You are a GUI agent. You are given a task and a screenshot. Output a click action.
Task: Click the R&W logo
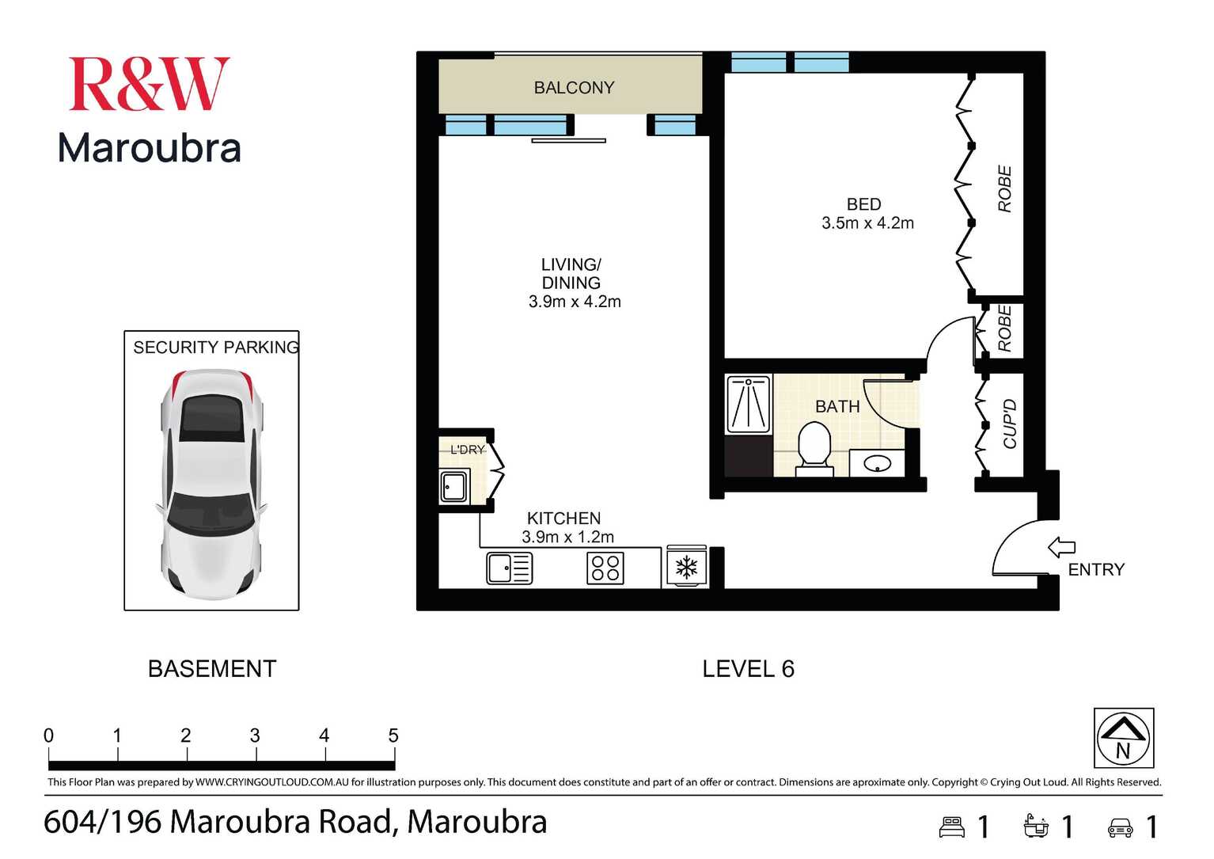click(149, 84)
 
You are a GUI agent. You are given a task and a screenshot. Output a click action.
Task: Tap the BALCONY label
click(574, 88)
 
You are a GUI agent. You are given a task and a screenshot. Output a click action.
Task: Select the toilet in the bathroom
click(814, 447)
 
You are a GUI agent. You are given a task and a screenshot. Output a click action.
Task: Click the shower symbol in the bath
click(748, 404)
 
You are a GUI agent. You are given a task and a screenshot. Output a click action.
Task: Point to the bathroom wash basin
click(877, 462)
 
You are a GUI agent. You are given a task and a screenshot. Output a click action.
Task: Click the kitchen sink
click(509, 568)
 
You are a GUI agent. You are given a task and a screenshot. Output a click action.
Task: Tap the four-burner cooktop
click(605, 568)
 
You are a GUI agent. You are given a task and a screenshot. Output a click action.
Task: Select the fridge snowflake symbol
click(685, 568)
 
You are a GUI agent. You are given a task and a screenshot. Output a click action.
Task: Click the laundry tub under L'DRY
click(454, 486)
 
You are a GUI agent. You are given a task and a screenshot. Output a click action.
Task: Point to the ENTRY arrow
click(1061, 547)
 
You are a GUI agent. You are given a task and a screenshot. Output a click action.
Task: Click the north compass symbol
click(1123, 738)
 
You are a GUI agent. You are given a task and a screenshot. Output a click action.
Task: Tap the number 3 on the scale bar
click(255, 735)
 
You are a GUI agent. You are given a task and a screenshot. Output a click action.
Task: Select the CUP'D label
click(1010, 424)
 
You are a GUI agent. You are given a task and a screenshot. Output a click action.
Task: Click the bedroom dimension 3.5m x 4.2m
click(867, 223)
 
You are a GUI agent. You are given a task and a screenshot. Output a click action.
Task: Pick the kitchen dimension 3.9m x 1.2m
click(567, 537)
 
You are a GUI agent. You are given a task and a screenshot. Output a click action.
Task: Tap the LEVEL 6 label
click(748, 669)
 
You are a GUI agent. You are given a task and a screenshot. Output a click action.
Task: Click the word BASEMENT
click(212, 669)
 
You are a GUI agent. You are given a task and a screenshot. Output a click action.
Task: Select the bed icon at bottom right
click(952, 827)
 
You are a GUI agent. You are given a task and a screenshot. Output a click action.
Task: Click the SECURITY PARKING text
click(215, 348)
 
